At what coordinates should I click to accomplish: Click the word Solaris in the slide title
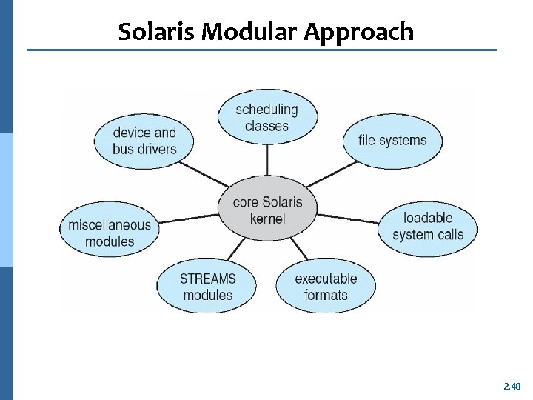(156, 32)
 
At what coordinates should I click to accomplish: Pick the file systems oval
(392, 140)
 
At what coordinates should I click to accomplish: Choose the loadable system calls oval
(428, 226)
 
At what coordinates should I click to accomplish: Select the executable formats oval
(326, 287)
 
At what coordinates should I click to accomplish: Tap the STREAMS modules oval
(207, 287)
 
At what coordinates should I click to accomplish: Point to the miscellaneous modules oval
(110, 233)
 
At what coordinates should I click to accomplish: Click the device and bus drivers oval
(144, 141)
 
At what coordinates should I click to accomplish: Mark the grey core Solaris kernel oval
(267, 210)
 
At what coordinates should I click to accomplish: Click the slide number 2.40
(512, 386)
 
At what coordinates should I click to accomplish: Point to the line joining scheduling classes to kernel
(267, 161)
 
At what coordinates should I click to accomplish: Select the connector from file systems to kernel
(327, 176)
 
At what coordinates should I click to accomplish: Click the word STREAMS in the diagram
(207, 279)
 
